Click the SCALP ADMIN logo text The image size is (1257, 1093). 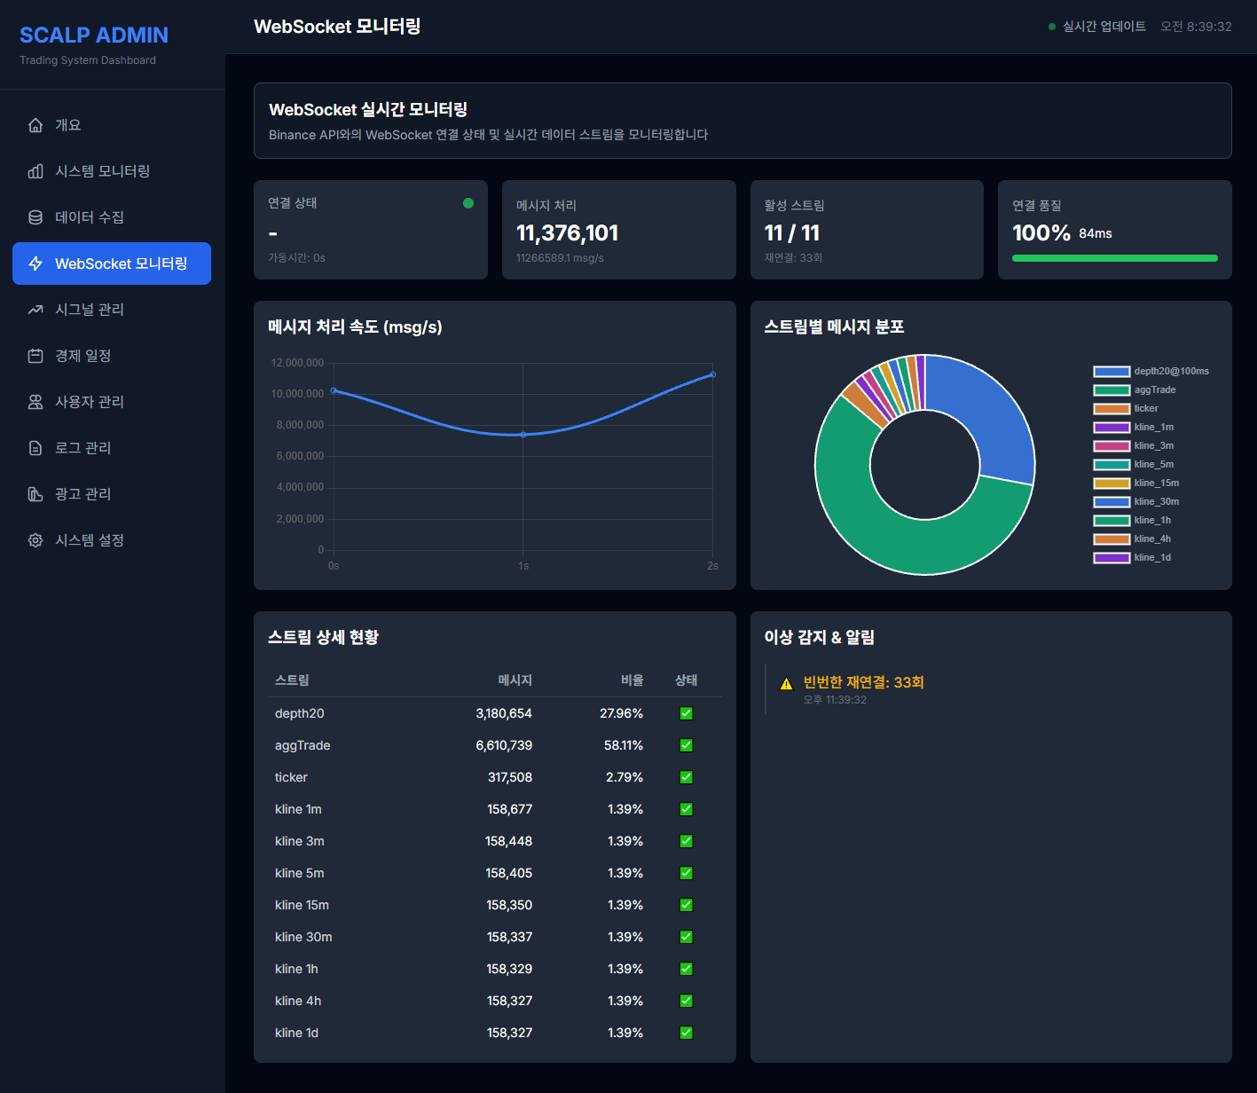[94, 35]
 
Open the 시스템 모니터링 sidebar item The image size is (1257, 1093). [102, 171]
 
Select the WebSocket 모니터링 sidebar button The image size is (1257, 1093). [112, 263]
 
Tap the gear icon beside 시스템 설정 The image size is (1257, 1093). [35, 540]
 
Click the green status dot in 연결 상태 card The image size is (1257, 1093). [468, 203]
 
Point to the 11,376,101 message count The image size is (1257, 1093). [567, 233]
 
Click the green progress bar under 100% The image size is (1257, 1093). [1114, 258]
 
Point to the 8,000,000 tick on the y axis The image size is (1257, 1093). [297, 425]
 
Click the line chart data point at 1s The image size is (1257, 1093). [523, 435]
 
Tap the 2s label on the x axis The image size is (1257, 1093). [712, 566]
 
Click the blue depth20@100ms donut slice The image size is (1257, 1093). [989, 408]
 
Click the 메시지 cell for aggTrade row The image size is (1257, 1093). [504, 745]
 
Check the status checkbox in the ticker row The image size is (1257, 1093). [686, 777]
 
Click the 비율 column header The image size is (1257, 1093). [632, 680]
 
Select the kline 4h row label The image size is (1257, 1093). [298, 1001]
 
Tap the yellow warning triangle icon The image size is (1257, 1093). [786, 684]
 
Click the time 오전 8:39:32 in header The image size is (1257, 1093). [1196, 27]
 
